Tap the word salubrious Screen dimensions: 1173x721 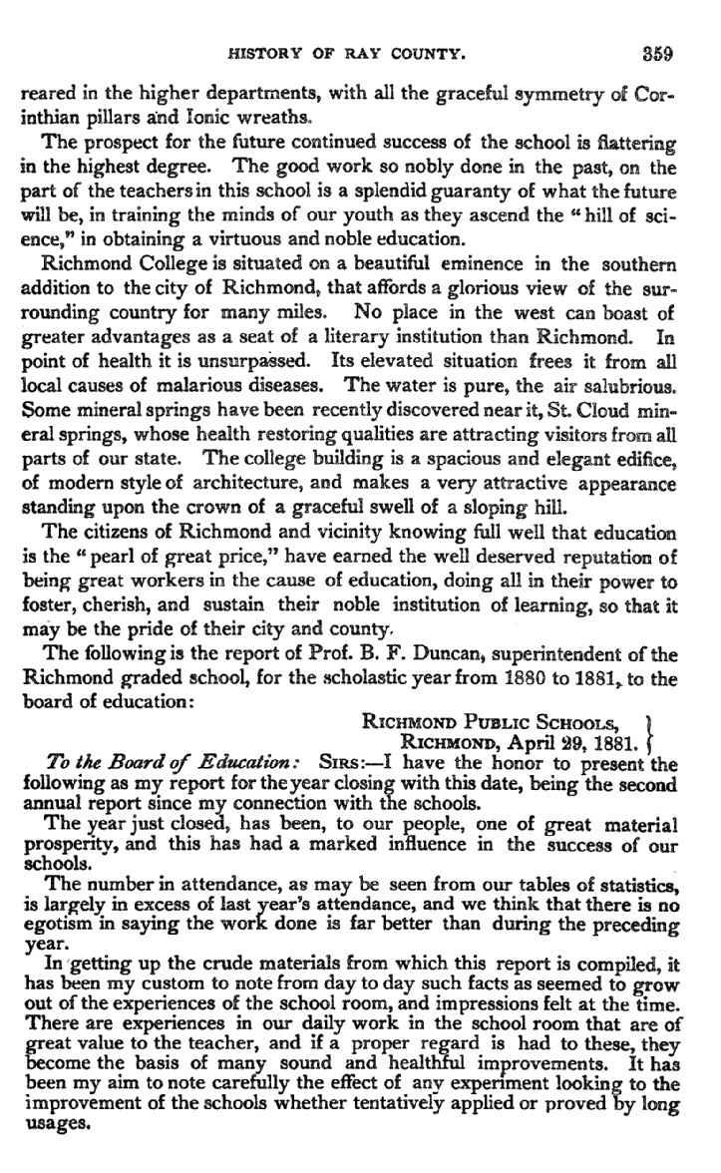[x=630, y=380]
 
